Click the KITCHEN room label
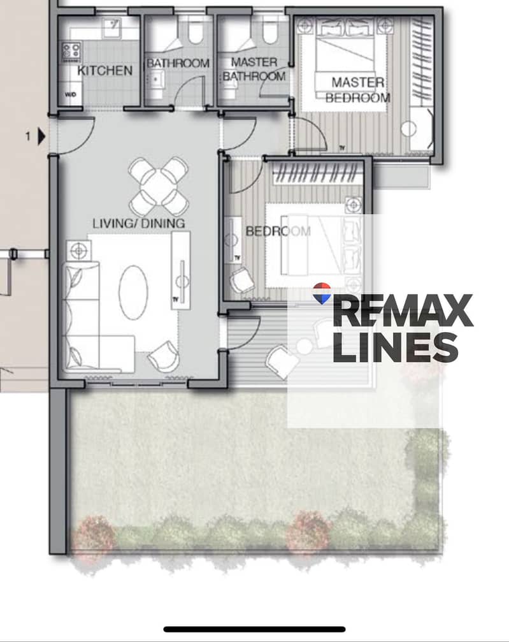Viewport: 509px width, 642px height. [x=104, y=70]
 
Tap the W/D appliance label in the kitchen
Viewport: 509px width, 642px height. [x=70, y=94]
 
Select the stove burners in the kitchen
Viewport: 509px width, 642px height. [x=71, y=52]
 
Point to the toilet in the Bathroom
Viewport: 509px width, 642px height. [x=196, y=32]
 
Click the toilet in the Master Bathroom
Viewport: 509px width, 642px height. [x=269, y=32]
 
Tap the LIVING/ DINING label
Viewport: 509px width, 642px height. [x=139, y=223]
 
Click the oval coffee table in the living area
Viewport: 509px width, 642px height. [x=133, y=293]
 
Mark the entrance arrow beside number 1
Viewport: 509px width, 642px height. [x=41, y=136]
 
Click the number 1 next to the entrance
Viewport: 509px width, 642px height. [x=28, y=136]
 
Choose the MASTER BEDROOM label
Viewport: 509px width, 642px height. [x=357, y=90]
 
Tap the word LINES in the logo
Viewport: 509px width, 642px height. [x=396, y=347]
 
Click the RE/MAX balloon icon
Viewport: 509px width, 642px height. [x=322, y=293]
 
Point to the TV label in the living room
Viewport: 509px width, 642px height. [x=175, y=300]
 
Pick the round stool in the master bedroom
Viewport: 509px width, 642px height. [x=408, y=129]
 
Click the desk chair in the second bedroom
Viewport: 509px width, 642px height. [x=242, y=281]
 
